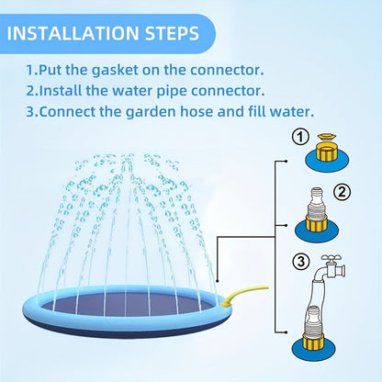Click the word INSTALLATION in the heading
(73, 33)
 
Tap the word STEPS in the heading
(172, 33)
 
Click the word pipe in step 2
(172, 91)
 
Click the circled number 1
(300, 137)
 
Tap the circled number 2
(342, 192)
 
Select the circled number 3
(301, 262)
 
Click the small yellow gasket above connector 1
(327, 137)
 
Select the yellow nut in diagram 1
(327, 152)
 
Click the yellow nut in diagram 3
(314, 341)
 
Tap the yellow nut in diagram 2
(317, 224)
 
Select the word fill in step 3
(256, 111)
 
